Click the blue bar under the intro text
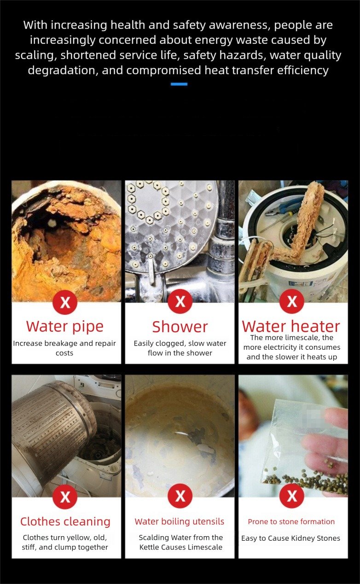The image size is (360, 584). point(179,84)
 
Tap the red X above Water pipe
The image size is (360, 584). point(65,302)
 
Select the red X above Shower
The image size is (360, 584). point(180,301)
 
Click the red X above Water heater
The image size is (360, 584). point(292,301)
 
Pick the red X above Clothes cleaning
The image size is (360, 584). point(65,497)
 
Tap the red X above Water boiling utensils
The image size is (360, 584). point(180,496)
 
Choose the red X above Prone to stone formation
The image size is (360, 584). point(292,496)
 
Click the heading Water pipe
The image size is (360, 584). point(65,326)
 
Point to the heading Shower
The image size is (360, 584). point(180,327)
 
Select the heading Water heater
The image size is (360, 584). point(291,326)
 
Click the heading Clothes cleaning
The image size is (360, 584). point(65,521)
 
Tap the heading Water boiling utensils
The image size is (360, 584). point(180,521)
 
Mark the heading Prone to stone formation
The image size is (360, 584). point(291,521)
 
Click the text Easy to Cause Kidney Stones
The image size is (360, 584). point(290,538)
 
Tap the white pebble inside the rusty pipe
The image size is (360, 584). point(52,222)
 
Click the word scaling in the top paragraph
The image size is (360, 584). point(36,55)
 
